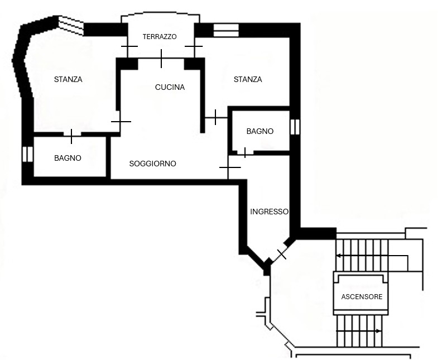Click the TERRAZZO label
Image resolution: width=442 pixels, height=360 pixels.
(160, 37)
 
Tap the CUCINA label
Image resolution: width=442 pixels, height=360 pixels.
(170, 87)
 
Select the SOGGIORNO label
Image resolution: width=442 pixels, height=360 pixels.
(152, 164)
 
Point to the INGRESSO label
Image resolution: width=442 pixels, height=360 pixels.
(269, 212)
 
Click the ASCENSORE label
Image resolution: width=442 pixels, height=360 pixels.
(362, 296)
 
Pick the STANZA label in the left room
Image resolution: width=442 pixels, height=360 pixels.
(68, 79)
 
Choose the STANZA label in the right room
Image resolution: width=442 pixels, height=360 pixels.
(248, 79)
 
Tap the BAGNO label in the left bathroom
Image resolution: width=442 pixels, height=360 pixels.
(68, 158)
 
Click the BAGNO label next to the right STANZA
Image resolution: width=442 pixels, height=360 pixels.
(260, 131)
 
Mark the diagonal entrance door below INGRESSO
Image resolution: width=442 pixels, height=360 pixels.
(281, 254)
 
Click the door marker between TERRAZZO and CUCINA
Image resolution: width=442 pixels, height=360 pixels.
(161, 58)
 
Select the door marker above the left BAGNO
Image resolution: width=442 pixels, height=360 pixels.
(71, 136)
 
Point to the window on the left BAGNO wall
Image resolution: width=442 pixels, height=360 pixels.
(26, 154)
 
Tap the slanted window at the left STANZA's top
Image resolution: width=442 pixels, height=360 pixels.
(71, 25)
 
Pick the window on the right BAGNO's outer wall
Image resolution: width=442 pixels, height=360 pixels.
(295, 127)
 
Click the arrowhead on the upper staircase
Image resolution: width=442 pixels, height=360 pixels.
(339, 256)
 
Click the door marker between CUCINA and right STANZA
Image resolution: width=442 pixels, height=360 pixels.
(215, 117)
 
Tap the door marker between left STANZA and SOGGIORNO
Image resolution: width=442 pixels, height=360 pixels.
(121, 121)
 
